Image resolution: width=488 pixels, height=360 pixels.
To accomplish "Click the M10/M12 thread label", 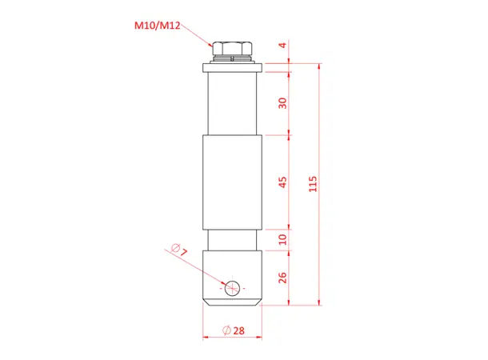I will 157,26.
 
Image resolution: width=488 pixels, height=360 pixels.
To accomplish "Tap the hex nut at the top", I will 232,47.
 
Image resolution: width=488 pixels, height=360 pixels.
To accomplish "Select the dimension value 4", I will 282,46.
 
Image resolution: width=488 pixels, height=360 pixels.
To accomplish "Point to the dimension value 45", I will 282,182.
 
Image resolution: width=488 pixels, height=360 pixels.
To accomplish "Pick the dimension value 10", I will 282,239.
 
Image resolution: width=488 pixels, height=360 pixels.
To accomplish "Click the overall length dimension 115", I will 313,183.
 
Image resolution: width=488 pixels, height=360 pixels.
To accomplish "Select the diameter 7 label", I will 180,250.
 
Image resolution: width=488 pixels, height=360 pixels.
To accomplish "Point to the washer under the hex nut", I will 232,62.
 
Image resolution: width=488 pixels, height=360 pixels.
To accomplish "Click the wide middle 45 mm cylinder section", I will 232,182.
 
